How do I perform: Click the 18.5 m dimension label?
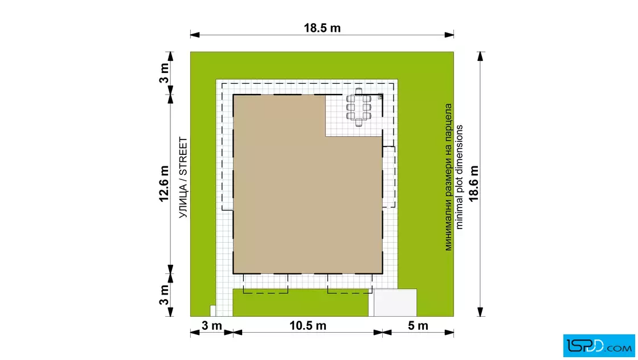click(x=322, y=28)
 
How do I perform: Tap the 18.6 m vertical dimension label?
click(x=473, y=183)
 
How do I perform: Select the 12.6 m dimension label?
click(x=163, y=183)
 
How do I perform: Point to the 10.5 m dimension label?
click(x=308, y=326)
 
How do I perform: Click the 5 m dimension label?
click(x=418, y=326)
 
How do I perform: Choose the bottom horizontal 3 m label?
click(x=211, y=326)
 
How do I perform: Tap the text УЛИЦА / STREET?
click(x=183, y=177)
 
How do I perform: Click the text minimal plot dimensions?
click(x=459, y=177)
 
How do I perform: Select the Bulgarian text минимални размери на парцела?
click(x=448, y=177)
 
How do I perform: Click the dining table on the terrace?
click(x=358, y=108)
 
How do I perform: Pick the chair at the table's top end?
click(x=358, y=91)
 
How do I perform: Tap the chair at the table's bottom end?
click(x=358, y=123)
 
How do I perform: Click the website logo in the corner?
click(x=599, y=346)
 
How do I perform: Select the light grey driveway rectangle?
click(x=395, y=302)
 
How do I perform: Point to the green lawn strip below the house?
click(x=301, y=304)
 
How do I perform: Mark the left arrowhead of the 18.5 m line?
click(x=195, y=35)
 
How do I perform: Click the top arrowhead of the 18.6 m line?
click(x=481, y=56)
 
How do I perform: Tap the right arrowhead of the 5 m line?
click(x=449, y=332)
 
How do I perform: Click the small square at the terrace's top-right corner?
click(x=381, y=96)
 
